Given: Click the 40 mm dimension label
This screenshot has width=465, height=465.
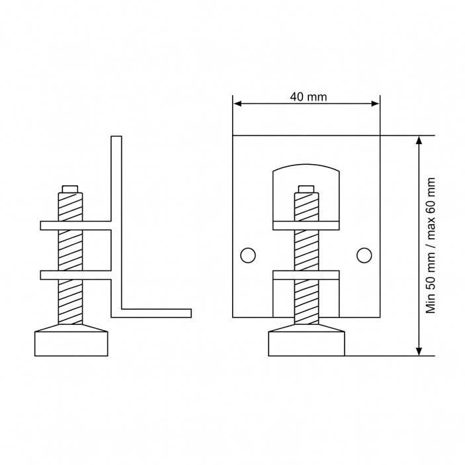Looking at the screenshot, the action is point(308,97).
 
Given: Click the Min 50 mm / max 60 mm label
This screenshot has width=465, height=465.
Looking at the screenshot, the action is point(431,245).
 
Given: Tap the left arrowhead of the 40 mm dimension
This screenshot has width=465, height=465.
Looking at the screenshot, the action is point(237,103).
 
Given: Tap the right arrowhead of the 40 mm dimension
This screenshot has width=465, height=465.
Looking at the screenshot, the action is point(376,103).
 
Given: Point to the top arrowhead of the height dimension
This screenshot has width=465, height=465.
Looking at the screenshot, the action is point(419,140).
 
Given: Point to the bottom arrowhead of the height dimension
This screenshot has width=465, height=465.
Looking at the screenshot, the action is point(419,351).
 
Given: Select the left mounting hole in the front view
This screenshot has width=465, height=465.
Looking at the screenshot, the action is point(248,255).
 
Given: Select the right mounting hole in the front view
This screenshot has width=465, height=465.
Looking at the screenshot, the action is point(364,255).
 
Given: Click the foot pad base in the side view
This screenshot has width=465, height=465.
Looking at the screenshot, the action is point(71,344).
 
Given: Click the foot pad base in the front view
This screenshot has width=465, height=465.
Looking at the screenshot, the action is point(307,344).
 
